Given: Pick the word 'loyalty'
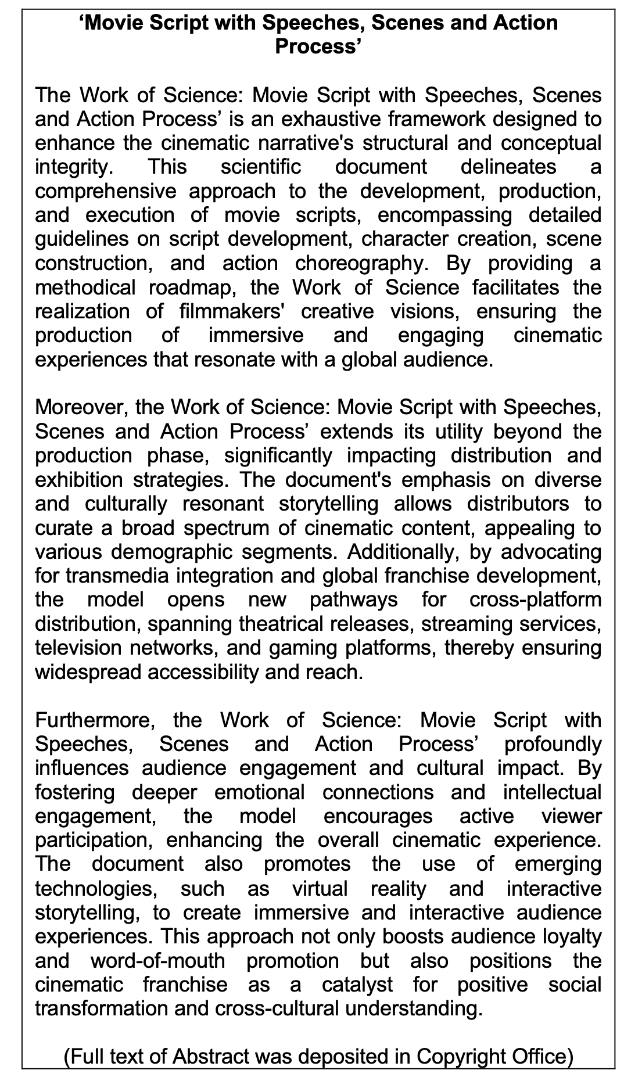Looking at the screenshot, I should pos(566,936).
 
